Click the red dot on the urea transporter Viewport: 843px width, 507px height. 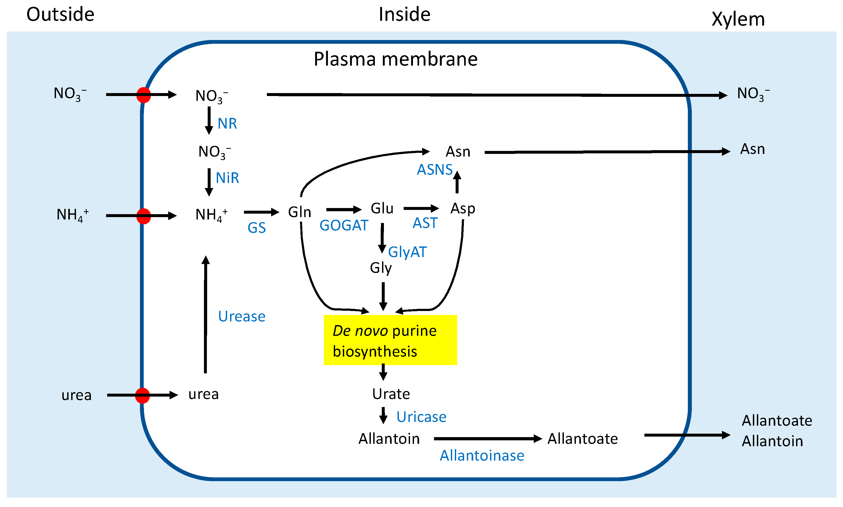142,395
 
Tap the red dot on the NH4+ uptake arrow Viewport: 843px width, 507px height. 143,216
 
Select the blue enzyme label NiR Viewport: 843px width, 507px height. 227,178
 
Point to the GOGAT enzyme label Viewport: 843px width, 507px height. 343,225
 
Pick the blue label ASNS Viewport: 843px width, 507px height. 434,170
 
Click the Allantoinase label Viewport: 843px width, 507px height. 481,456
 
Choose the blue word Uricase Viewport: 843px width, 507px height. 421,417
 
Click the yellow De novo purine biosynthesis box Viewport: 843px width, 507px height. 390,340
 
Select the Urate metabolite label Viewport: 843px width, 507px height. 391,394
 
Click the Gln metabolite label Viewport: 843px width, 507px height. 299,212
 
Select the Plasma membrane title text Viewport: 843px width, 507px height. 395,59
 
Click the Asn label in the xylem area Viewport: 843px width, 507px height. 752,149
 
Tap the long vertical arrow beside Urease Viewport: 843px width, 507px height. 205,314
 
